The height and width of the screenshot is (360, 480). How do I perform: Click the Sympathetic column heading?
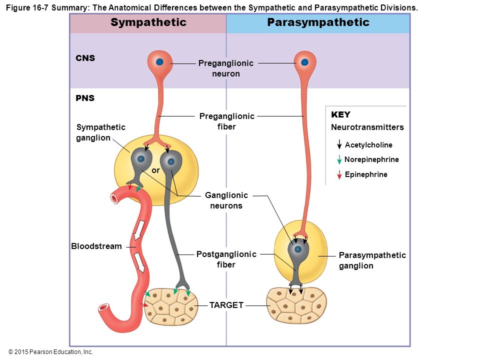pos(148,22)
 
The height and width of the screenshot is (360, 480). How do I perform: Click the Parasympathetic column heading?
pos(318,22)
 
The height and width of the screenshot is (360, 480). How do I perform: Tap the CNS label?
pos(85,58)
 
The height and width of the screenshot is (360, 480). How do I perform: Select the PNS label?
pos(85,98)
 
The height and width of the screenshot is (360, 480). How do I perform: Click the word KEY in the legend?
pos(340,114)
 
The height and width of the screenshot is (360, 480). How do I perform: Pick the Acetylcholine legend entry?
pos(368,145)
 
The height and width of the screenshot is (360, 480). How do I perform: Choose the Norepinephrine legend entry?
pos(371,159)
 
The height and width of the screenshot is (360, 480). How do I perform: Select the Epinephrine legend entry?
pos(366,174)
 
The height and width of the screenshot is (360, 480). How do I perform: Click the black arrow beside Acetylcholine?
pos(339,144)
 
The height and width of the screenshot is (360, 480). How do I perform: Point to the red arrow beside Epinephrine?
pos(339,174)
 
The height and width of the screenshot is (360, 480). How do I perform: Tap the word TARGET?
pos(226,305)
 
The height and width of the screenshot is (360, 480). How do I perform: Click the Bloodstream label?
pos(96,246)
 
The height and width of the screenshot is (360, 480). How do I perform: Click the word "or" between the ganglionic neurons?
pos(155,170)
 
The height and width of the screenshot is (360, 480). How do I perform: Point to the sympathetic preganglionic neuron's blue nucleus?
pos(159,62)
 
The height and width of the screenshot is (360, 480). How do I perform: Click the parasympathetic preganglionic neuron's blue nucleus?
pos(304,62)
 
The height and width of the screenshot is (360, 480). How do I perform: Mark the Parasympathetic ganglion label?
pos(372,260)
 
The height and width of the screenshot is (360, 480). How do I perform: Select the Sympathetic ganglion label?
pos(100,132)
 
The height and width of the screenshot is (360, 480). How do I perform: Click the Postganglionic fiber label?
pos(226,259)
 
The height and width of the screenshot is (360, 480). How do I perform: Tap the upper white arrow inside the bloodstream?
pos(138,230)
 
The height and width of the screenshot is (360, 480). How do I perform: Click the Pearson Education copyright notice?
pos(50,352)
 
